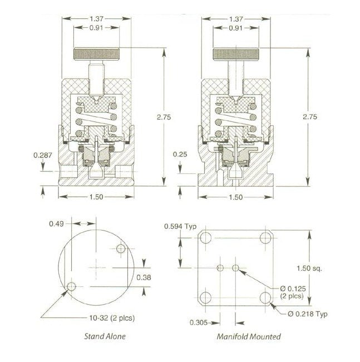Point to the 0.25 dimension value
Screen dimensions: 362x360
(x=179, y=154)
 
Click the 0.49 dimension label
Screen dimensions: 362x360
(x=57, y=224)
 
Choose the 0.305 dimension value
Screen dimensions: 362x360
(x=199, y=322)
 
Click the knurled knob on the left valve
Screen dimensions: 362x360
(x=97, y=55)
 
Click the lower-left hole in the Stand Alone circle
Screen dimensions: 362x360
(x=71, y=287)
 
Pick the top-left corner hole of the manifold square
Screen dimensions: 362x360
(x=206, y=239)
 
